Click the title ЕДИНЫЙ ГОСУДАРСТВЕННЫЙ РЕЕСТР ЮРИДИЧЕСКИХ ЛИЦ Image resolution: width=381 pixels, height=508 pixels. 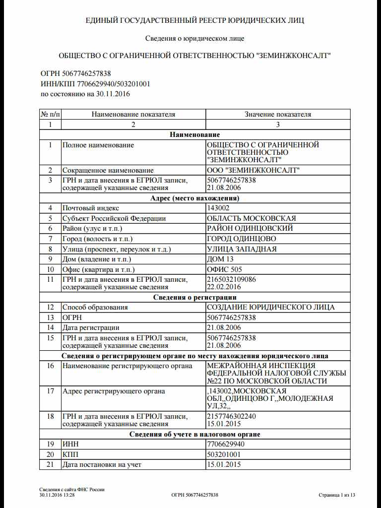pyautogui.click(x=195, y=20)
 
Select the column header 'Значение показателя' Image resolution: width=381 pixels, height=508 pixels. pyautogui.click(x=278, y=114)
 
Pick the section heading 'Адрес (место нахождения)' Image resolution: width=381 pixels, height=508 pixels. pyautogui.click(x=195, y=198)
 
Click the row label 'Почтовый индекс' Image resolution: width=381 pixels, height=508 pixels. pyautogui.click(x=90, y=208)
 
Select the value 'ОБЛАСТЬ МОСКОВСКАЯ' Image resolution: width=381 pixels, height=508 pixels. pyautogui.click(x=251, y=218)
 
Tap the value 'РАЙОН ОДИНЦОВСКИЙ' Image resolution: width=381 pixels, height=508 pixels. pyautogui.click(x=250, y=228)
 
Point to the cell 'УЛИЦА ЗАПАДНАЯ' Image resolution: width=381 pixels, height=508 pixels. pyautogui.click(x=242, y=249)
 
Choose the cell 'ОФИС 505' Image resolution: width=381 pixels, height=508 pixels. pyautogui.click(x=224, y=269)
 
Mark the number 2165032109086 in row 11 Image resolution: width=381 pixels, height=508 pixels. pyautogui.click(x=231, y=280)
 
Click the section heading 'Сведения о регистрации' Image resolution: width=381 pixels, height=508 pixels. pyautogui.click(x=195, y=297)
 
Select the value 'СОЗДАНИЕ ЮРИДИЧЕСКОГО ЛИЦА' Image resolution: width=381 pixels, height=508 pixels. pyautogui.click(x=270, y=307)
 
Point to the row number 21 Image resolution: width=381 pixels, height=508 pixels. pyautogui.click(x=50, y=465)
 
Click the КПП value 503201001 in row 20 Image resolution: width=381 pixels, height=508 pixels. pyautogui.click(x=223, y=454)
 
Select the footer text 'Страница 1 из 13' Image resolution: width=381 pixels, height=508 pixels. pyautogui.click(x=337, y=495)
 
